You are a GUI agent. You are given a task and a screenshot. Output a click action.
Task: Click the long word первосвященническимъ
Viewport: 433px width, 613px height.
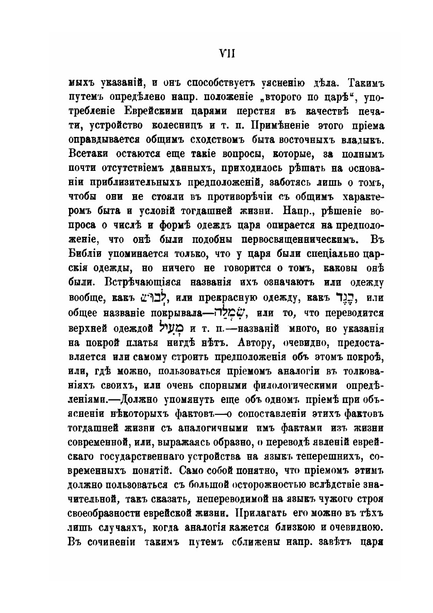tap(299, 239)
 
